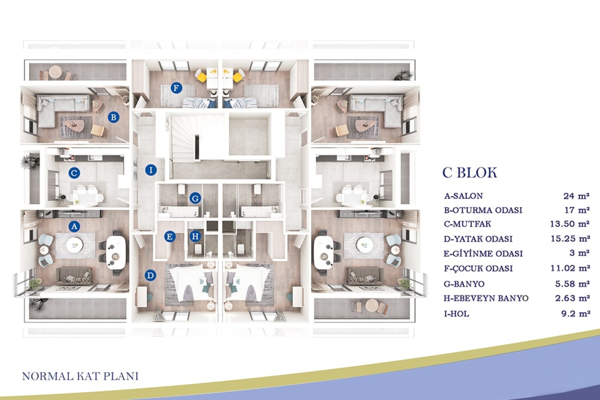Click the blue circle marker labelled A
click(74, 227)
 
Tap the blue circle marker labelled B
click(114, 117)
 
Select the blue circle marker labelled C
click(74, 173)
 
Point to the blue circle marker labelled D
click(150, 275)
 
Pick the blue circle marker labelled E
click(170, 237)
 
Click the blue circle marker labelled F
click(176, 88)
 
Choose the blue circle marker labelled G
click(195, 198)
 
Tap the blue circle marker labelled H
click(195, 236)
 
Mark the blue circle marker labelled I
click(151, 170)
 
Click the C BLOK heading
click(470, 173)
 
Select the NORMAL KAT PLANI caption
click(80, 376)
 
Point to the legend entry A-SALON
click(464, 196)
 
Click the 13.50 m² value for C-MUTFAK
click(570, 224)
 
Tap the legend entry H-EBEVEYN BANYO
click(486, 298)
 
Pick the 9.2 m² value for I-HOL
click(576, 313)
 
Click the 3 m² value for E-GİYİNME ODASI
click(580, 253)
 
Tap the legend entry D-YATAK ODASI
click(478, 239)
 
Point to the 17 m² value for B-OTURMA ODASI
click(577, 210)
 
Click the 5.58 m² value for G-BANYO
click(572, 284)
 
